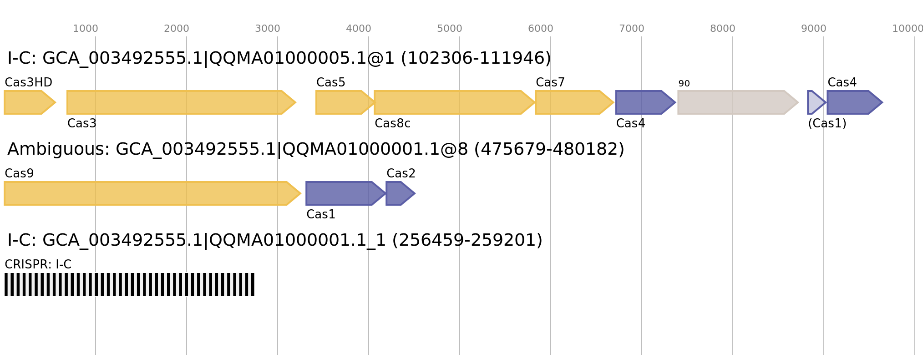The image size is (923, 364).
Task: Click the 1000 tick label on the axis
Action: pyautogui.click(x=86, y=29)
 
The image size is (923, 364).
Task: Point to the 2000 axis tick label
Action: pyautogui.click(x=177, y=29)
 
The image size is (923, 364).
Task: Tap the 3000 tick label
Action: pyautogui.click(x=268, y=29)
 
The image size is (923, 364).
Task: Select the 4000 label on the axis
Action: pyautogui.click(x=359, y=29)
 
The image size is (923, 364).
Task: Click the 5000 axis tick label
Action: pyautogui.click(x=450, y=29)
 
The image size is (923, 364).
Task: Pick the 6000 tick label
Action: pyautogui.click(x=541, y=29)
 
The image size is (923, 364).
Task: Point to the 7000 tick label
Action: pyautogui.click(x=632, y=29)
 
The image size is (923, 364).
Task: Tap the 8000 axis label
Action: pyautogui.click(x=723, y=29)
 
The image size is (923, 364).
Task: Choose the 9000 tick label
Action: pyautogui.click(x=814, y=29)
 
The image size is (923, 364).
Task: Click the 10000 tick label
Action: pyautogui.click(x=907, y=29)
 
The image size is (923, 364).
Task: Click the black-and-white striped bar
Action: pyautogui.click(x=129, y=284)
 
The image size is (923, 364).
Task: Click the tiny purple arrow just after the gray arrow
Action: pyautogui.click(x=815, y=102)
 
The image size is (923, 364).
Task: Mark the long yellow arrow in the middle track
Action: pyautogui.click(x=150, y=193)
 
